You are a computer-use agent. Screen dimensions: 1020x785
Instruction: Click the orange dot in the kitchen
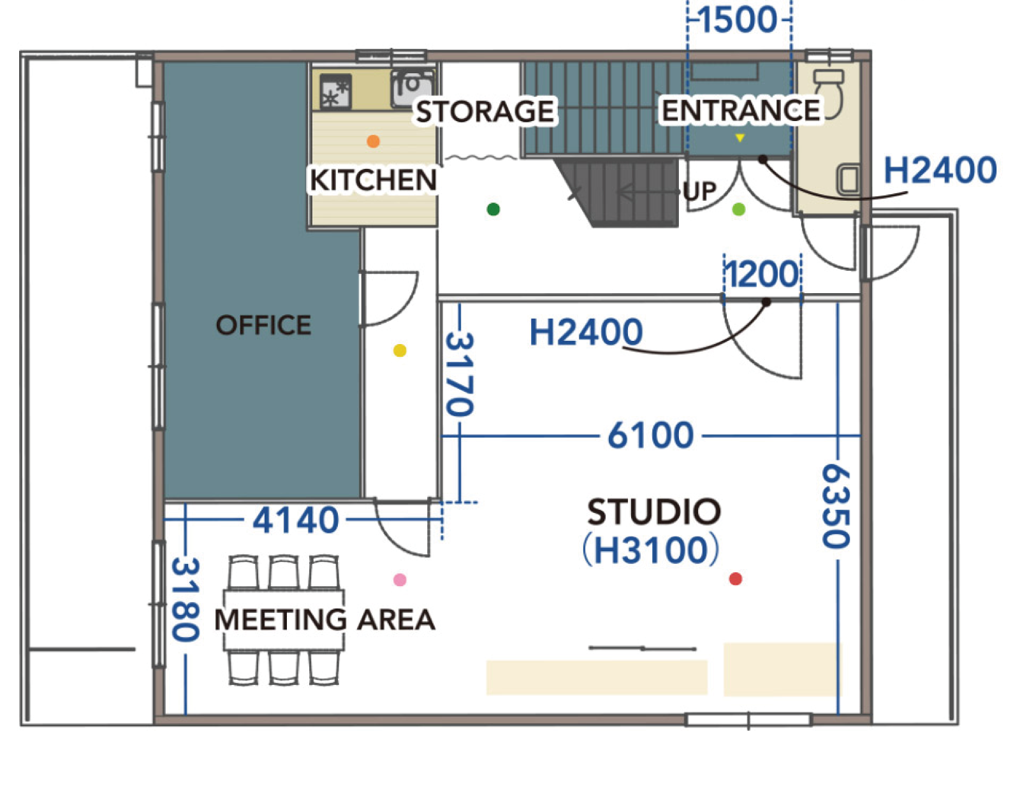coord(373,141)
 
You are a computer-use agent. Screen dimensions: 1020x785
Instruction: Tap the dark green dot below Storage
coord(493,209)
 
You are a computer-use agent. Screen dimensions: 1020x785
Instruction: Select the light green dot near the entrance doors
coord(739,209)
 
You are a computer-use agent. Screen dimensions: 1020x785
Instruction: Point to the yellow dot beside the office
coord(400,350)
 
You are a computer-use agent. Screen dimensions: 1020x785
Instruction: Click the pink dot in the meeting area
coord(400,580)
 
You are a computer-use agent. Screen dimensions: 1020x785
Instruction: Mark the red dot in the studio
coord(736,579)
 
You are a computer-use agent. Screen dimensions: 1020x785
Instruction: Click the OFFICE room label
coord(263,325)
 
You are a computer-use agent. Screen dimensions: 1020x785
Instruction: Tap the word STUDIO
coord(654,512)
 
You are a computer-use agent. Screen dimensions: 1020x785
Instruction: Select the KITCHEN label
coord(373,180)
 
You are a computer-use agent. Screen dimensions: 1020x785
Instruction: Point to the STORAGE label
coord(485,111)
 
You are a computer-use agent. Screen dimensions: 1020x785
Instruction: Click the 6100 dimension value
coord(651,435)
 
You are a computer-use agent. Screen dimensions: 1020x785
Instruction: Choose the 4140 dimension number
coord(296,520)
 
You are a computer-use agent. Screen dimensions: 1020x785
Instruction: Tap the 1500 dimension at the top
coord(738,20)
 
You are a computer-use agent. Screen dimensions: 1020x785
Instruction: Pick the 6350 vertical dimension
coord(836,507)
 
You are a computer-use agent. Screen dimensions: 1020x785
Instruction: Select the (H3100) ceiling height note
coord(651,550)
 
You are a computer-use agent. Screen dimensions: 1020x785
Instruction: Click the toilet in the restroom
coord(829,93)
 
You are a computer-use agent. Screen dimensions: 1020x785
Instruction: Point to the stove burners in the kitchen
coord(335,92)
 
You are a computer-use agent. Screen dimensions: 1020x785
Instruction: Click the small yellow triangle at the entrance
coord(739,138)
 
